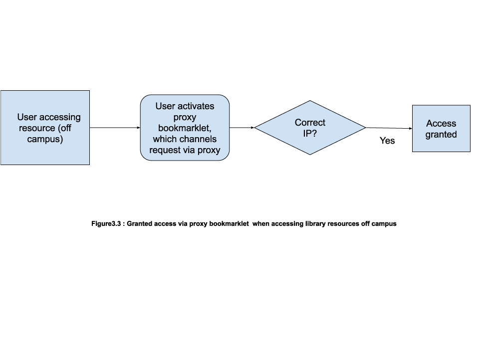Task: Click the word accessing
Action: point(60,117)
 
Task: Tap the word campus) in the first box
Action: point(45,139)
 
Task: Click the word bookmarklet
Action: point(185,128)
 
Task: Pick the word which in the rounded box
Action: point(165,139)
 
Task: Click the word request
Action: point(166,150)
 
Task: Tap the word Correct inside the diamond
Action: point(310,123)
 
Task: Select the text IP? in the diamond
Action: point(310,134)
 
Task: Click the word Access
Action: point(441,124)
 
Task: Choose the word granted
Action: point(441,135)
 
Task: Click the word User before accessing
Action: point(27,117)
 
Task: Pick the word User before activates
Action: point(165,106)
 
